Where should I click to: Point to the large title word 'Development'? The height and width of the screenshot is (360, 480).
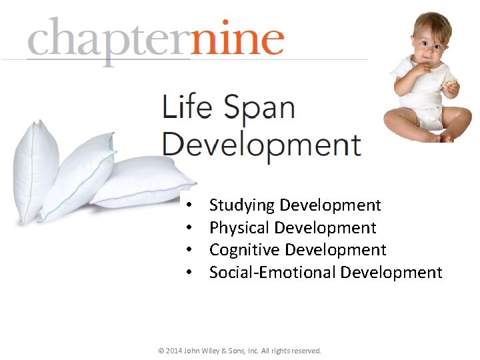pyautogui.click(x=261, y=143)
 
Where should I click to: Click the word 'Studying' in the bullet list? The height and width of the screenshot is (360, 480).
pyautogui.click(x=243, y=205)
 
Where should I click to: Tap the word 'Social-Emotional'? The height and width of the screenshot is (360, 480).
pyautogui.click(x=273, y=272)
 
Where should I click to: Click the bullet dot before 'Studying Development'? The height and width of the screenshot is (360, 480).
pyautogui.click(x=190, y=205)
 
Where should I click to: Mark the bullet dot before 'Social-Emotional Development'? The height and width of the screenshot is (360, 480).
pyautogui.click(x=190, y=273)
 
